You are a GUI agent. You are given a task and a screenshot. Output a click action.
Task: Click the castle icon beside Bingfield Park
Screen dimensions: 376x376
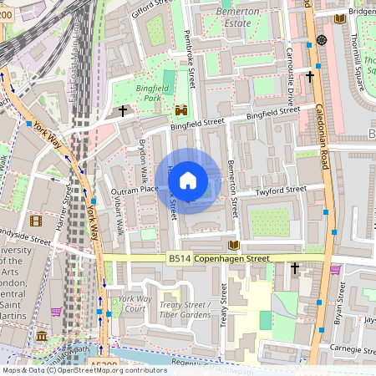[180, 109]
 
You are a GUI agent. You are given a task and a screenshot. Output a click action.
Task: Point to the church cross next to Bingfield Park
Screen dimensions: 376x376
[124, 110]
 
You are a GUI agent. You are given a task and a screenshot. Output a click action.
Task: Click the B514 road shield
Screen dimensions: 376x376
[178, 259]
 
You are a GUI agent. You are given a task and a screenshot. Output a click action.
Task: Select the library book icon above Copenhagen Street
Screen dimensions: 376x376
[234, 245]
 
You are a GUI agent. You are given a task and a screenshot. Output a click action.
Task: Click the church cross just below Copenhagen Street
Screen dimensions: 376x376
[294, 268]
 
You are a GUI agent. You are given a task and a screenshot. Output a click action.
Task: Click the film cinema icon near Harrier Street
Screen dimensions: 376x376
[35, 221]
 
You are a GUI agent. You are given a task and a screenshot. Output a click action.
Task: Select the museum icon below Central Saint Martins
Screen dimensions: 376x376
[42, 335]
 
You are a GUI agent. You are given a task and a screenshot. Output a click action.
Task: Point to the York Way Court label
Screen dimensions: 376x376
[132, 303]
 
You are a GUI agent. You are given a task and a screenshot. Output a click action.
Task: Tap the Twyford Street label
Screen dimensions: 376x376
[282, 191]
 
